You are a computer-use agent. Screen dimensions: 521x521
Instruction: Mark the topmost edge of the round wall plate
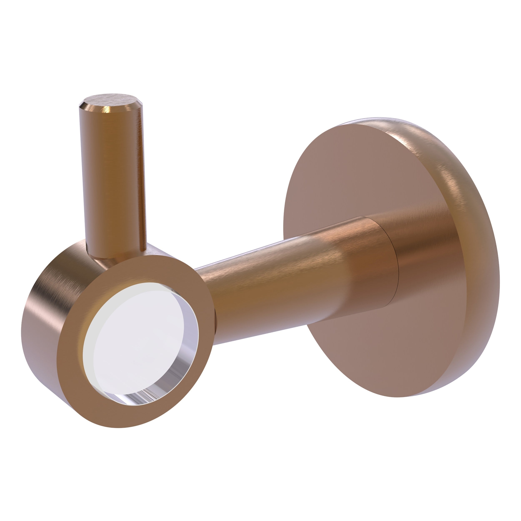click(x=383, y=119)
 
